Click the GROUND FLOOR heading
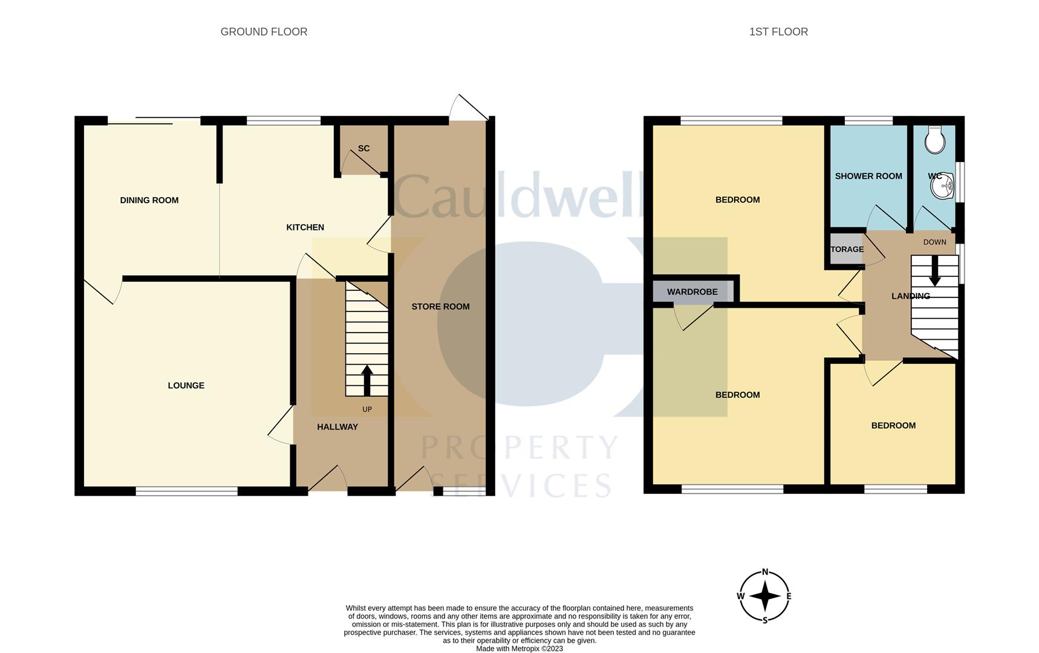[x=264, y=32]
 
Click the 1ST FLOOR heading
[x=778, y=32]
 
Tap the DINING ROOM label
[x=149, y=200]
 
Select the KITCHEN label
[x=305, y=227]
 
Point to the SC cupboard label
[x=363, y=148]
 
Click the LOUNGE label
[x=186, y=385]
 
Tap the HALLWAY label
[x=337, y=427]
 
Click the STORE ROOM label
[x=440, y=307]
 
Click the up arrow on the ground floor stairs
[x=366, y=380]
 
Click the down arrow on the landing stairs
[x=934, y=271]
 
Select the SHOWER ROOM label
[x=868, y=176]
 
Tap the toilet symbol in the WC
[x=935, y=140]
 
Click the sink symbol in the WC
[x=942, y=186]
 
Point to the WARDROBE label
[x=692, y=292]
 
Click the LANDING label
[x=910, y=296]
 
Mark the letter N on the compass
[x=765, y=572]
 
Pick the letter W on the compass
[x=740, y=596]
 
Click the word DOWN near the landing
[x=934, y=242]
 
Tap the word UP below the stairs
[x=367, y=409]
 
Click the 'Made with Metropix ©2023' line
[x=519, y=649]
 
